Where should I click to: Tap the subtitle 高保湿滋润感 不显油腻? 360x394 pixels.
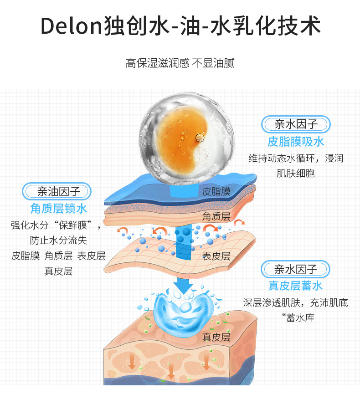click(180, 63)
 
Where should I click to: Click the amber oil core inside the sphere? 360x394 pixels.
click(180, 134)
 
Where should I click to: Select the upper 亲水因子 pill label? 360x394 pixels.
click(295, 124)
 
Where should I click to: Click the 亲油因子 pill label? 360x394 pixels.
click(58, 191)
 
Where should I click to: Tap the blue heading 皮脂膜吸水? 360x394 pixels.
click(295, 142)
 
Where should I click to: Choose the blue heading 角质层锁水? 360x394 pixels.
click(58, 209)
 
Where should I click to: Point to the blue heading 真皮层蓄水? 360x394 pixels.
click(295, 286)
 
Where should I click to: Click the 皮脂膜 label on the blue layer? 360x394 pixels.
click(216, 191)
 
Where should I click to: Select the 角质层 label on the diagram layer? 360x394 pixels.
click(216, 216)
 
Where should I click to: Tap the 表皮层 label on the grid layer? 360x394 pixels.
click(216, 256)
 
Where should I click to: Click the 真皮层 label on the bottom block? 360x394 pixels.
click(216, 337)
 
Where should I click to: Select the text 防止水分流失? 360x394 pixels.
click(58, 240)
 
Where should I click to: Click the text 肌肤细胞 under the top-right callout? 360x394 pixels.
click(295, 173)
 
